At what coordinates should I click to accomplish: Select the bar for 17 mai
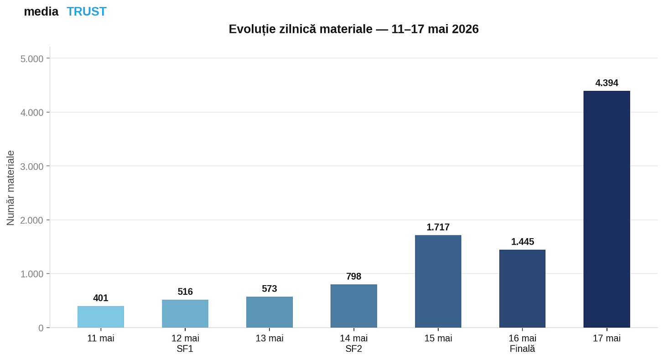607,209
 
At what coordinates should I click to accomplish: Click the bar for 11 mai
101,317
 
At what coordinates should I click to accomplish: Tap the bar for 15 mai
438,282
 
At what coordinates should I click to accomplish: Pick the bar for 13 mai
270,312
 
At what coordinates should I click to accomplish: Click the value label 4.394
607,83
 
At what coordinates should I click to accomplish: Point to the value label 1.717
438,227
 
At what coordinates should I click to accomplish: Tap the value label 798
353,277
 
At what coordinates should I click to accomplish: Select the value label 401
101,298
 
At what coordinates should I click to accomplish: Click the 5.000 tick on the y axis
32,59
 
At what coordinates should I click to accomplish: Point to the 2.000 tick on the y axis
32,220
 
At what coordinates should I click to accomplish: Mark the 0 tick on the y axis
41,328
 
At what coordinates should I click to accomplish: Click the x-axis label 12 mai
185,339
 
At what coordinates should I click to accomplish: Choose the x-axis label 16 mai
522,339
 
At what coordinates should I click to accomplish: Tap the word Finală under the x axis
522,349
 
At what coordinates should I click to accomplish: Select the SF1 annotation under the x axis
185,349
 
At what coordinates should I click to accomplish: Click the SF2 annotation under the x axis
353,349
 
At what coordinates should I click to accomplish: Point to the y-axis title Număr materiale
10,188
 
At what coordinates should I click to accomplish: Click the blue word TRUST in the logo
87,11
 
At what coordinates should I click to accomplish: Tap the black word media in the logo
41,11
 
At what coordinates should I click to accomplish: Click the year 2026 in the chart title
465,29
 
